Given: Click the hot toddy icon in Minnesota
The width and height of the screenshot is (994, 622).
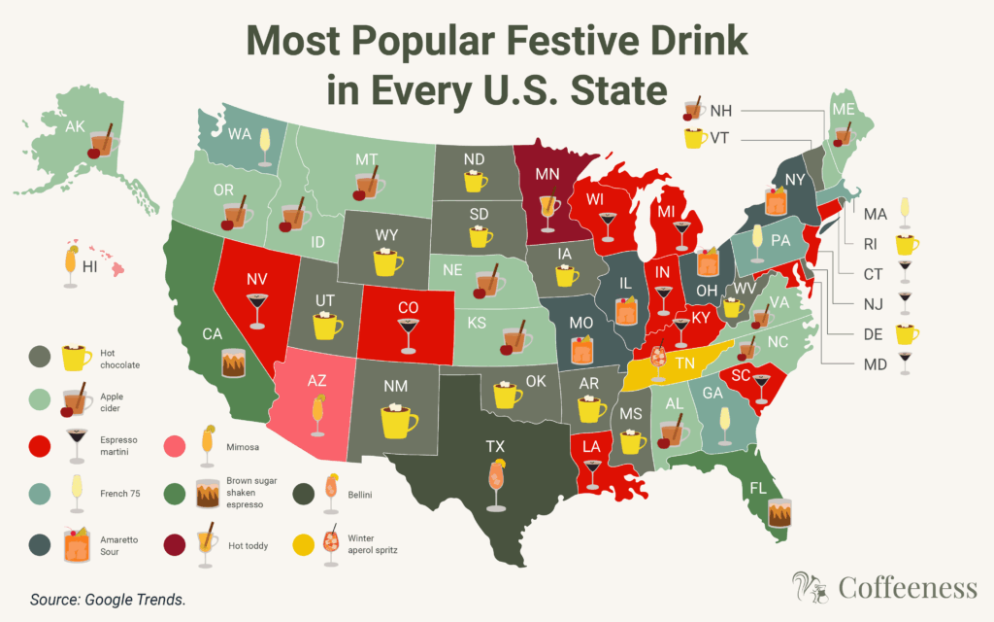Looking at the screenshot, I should [x=549, y=212].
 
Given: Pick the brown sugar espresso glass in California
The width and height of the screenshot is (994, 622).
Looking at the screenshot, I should [x=236, y=363].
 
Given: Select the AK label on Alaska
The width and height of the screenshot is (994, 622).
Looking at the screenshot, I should [x=76, y=126].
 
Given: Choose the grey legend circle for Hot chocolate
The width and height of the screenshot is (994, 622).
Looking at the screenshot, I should [x=41, y=357].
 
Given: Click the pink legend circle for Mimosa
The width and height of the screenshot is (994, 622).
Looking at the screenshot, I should [x=178, y=446].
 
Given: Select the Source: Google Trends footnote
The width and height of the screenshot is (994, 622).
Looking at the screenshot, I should [x=107, y=600].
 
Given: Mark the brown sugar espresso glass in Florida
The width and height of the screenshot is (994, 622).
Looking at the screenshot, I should [x=778, y=513].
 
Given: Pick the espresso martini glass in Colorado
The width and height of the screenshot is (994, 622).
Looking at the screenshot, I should [x=408, y=333].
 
